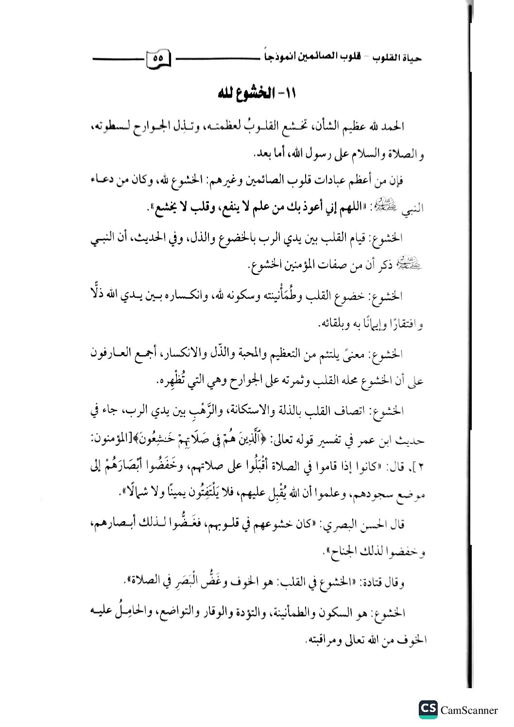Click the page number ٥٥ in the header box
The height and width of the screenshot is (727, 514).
(x=158, y=57)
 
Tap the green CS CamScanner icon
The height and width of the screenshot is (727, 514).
(x=428, y=710)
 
